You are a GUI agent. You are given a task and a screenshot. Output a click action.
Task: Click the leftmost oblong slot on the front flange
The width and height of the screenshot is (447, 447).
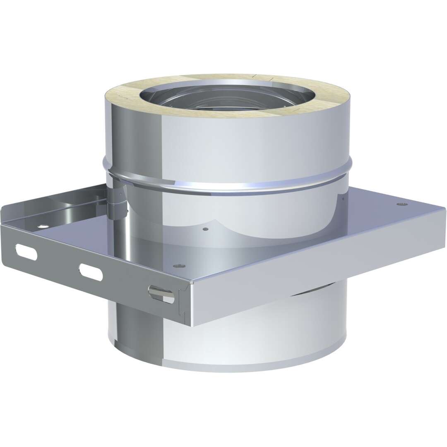coord(26,252)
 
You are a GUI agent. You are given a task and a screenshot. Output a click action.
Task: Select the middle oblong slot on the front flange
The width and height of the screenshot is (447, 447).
coord(91,272)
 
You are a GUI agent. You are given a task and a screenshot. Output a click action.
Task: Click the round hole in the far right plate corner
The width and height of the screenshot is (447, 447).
coord(400,204)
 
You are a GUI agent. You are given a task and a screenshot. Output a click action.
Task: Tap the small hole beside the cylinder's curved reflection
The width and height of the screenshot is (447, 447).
coord(206,228)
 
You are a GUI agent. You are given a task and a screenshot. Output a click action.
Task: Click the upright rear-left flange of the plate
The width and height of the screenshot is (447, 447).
coord(54,207)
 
